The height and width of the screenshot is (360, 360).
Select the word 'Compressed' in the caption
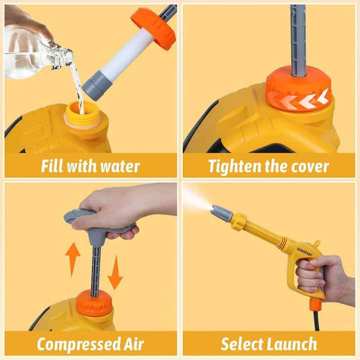[79, 344]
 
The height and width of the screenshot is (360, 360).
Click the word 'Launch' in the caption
[292, 344]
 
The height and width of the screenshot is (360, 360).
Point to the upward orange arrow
[73, 259]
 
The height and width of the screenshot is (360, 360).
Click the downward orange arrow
[115, 272]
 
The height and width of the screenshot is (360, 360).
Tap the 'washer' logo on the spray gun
[305, 252]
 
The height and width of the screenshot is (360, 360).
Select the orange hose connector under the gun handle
[316, 304]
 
